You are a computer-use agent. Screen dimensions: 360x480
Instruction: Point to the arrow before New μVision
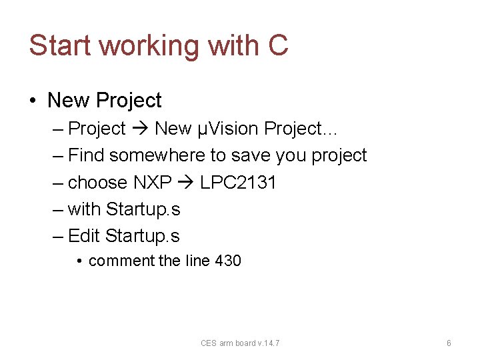pos(140,128)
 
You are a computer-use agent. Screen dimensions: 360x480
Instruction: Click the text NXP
pos(153,182)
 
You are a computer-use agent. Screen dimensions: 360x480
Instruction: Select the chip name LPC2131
pos(237,182)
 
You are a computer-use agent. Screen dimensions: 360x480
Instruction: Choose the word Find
pos(87,155)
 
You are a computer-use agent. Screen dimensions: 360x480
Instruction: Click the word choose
pos(97,183)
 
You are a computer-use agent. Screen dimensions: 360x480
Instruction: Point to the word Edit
pos(85,236)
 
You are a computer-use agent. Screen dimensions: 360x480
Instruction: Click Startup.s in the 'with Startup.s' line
pos(143,209)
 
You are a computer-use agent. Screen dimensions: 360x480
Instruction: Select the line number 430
pos(228,261)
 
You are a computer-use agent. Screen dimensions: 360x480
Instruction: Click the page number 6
pos(449,343)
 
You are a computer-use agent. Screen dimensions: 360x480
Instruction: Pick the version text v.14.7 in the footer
pos(268,343)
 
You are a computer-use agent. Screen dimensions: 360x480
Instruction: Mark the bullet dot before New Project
pos(33,101)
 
